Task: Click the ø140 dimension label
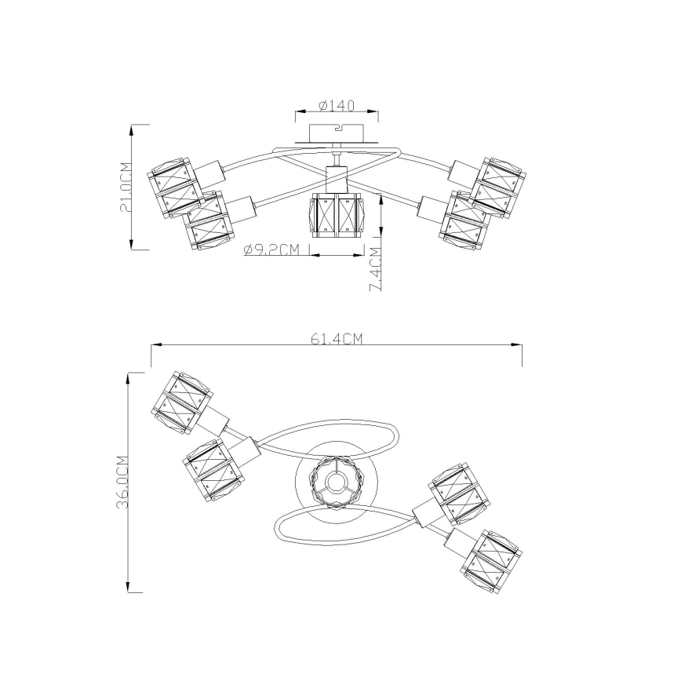click(337, 106)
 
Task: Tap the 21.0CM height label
click(126, 188)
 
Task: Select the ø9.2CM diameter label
click(272, 249)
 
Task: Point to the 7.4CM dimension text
click(375, 269)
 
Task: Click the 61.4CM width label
click(337, 339)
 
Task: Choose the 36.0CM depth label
click(122, 482)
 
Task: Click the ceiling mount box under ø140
click(337, 133)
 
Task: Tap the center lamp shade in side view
click(336, 216)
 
